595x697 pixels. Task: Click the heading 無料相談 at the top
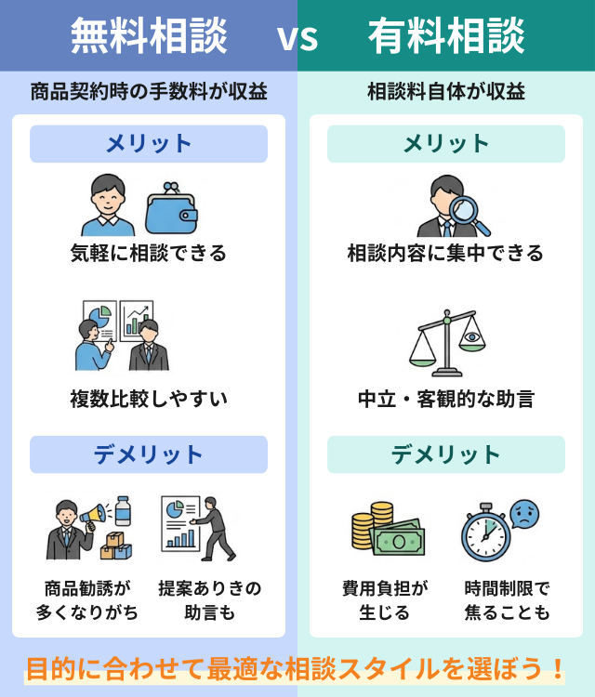click(149, 36)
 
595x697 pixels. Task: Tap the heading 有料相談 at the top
click(446, 36)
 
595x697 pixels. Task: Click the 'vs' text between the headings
click(297, 38)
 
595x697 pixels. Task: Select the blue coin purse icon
click(172, 209)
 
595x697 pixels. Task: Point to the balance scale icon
click(446, 345)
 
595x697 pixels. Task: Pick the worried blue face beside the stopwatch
click(525, 513)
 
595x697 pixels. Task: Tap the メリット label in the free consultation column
click(149, 144)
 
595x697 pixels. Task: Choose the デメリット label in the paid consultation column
click(446, 454)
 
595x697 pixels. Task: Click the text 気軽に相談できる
click(149, 253)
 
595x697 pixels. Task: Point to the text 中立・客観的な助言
click(446, 400)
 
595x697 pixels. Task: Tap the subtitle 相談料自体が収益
click(446, 92)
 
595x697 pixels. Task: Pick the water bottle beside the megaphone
click(123, 510)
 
